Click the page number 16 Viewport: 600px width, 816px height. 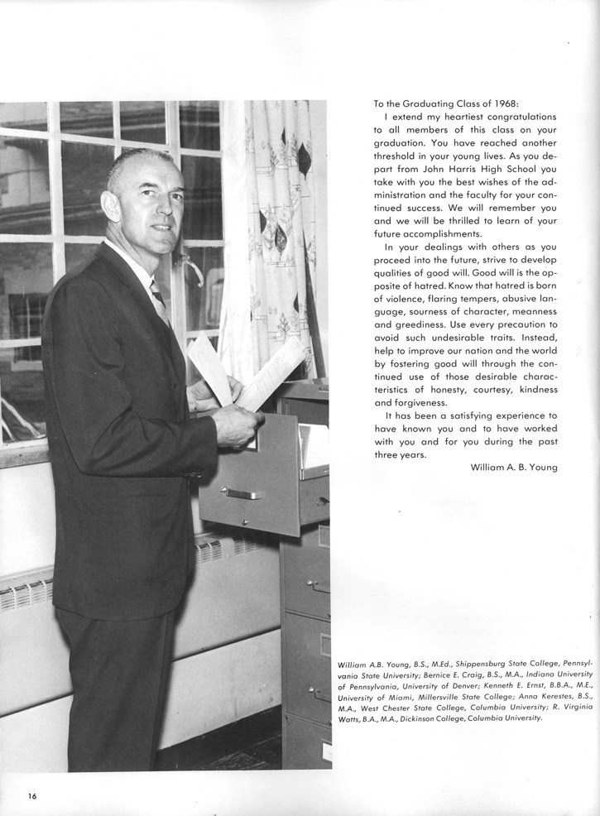31,796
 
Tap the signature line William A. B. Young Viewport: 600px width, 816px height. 514,468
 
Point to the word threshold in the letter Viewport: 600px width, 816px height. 401,157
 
